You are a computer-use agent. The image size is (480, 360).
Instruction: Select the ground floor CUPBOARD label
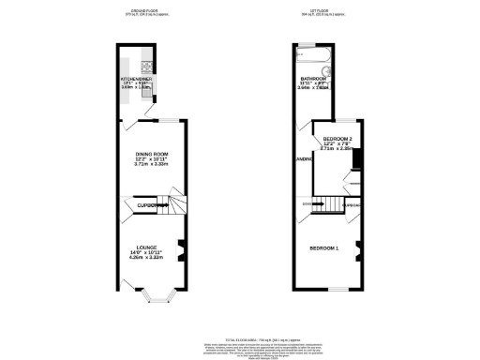click(x=148, y=204)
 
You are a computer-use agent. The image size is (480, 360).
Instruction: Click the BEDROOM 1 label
click(x=324, y=247)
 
